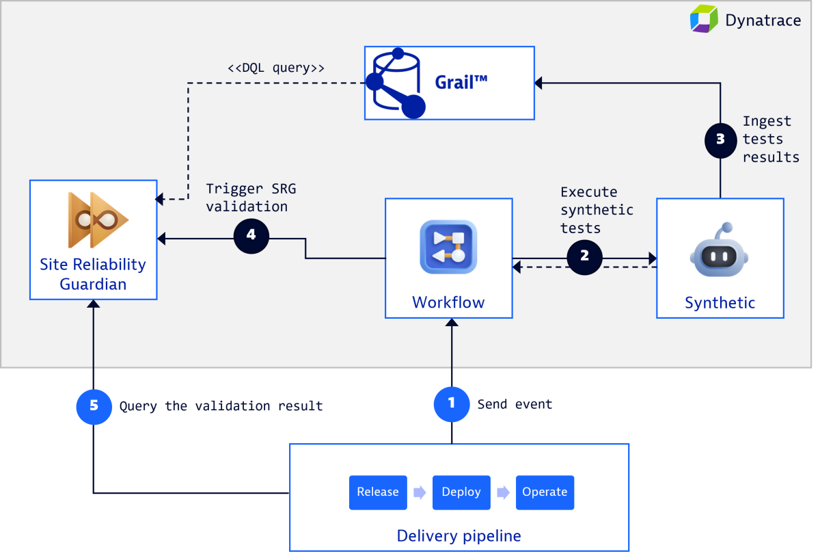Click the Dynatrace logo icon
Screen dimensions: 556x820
[704, 18]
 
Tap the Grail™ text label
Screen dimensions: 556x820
[461, 83]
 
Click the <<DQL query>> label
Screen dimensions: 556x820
[275, 68]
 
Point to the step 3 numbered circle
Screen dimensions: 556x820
[720, 140]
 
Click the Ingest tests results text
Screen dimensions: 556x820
[770, 139]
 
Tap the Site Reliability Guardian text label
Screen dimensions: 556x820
[93, 274]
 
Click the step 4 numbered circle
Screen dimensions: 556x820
[251, 235]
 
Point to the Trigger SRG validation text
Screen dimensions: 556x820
[251, 198]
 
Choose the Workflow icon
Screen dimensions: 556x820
[448, 247]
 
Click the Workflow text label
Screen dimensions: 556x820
[448, 302]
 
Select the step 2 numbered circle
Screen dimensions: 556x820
[584, 256]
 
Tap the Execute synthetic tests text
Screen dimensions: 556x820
[597, 210]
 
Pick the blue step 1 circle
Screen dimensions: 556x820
[451, 403]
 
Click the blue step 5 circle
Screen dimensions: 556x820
[94, 406]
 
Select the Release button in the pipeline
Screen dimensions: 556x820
[378, 492]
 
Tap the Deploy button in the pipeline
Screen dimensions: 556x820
[461, 492]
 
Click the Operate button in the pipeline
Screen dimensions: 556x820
[545, 492]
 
